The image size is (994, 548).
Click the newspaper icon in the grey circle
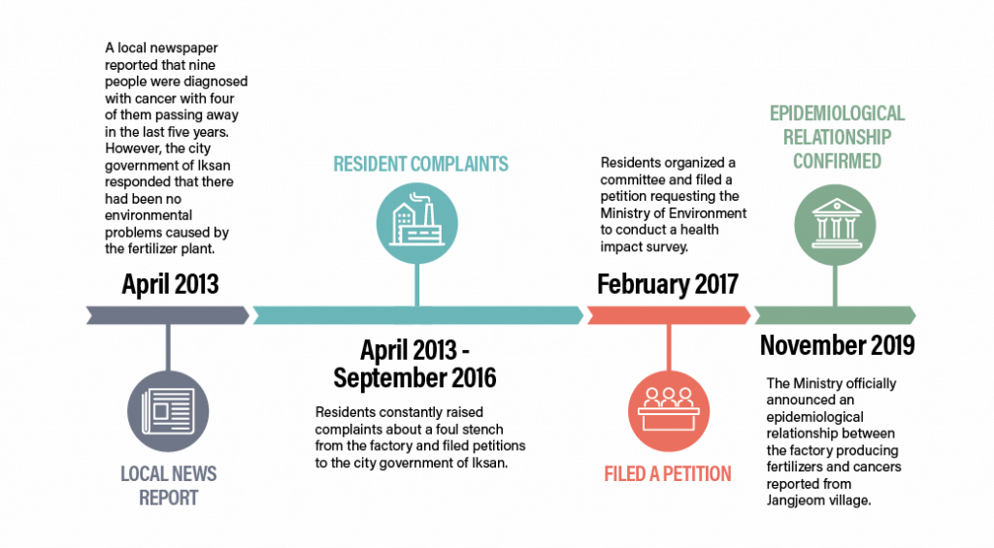point(168,411)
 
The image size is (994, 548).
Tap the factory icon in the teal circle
point(416,219)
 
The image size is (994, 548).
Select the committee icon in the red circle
point(668,410)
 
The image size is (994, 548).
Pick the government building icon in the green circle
point(836,223)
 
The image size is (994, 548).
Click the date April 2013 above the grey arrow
point(170,284)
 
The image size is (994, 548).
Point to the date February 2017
point(668,284)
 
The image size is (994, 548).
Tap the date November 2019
point(837,345)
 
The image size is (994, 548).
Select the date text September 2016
point(414,378)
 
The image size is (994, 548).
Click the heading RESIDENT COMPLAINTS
point(421,164)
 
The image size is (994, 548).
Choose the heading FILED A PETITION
point(668,474)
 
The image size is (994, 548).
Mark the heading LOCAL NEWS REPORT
point(169,486)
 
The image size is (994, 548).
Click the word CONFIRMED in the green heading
point(837,161)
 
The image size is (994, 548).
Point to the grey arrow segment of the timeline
point(168,315)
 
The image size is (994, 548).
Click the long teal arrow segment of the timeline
point(417,315)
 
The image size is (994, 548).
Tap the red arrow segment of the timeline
point(669,315)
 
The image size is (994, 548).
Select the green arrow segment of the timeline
point(835,315)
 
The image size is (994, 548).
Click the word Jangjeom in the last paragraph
point(795,500)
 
